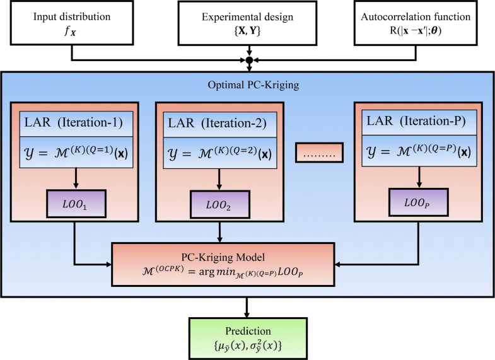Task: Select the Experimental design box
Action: [x=248, y=23]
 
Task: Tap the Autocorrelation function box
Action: [x=423, y=23]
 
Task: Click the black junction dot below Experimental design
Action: [x=248, y=61]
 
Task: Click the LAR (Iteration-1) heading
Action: [x=75, y=120]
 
